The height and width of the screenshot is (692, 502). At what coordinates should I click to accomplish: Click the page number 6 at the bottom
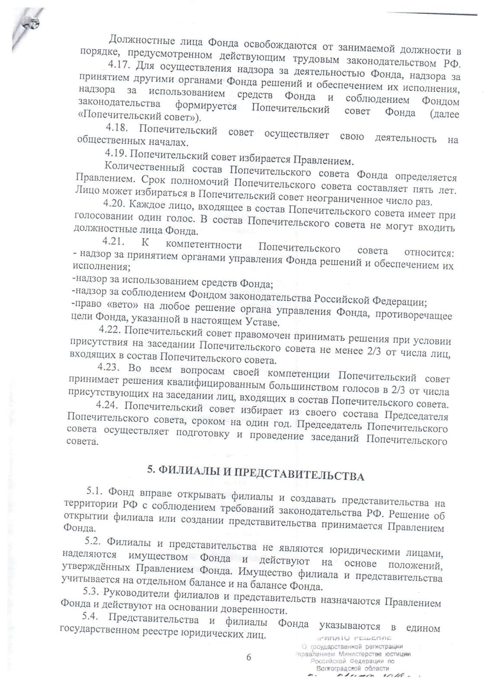coord(248,657)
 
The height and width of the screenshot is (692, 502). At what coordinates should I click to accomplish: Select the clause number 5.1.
coord(96,491)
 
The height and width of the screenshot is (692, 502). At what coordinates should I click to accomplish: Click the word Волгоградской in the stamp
coord(335,668)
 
